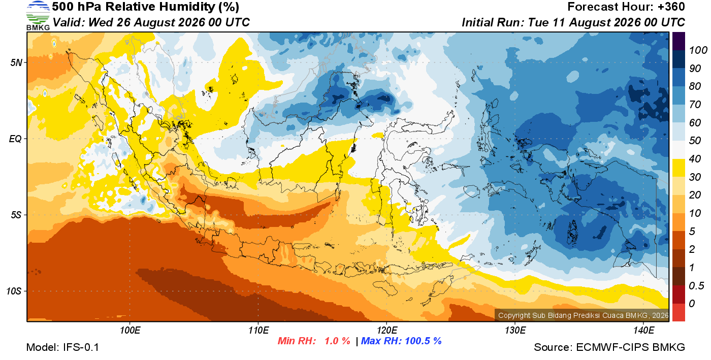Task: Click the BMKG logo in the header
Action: (x=38, y=16)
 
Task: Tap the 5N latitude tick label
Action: (x=16, y=62)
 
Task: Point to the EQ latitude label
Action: (x=16, y=139)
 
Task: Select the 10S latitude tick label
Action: (x=14, y=291)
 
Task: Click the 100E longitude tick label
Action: (x=130, y=330)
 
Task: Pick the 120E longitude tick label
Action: (x=386, y=330)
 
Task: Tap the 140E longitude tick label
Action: (x=643, y=330)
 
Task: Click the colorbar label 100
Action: (x=698, y=50)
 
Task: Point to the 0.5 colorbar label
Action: (x=696, y=286)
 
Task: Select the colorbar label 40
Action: (x=695, y=159)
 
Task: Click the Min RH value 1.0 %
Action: (x=337, y=341)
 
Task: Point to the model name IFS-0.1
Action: (x=81, y=347)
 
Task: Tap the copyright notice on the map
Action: (x=583, y=315)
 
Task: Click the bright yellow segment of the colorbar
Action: (x=678, y=168)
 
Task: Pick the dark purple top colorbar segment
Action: (x=678, y=41)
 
